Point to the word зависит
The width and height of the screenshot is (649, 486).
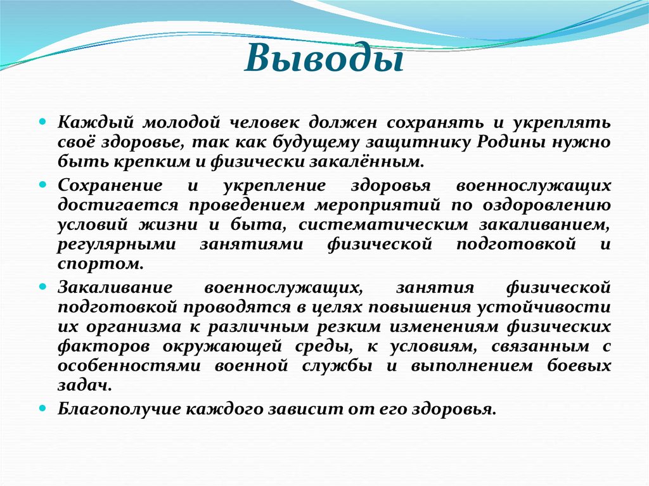(x=304, y=409)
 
